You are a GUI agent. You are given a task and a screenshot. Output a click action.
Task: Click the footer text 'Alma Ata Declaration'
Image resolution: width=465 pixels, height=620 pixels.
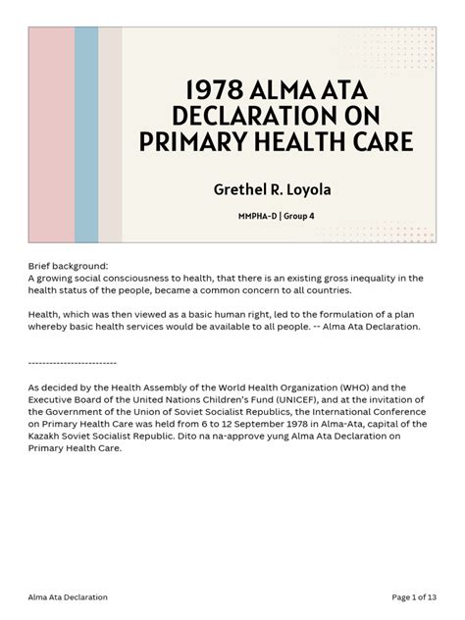(x=69, y=595)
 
